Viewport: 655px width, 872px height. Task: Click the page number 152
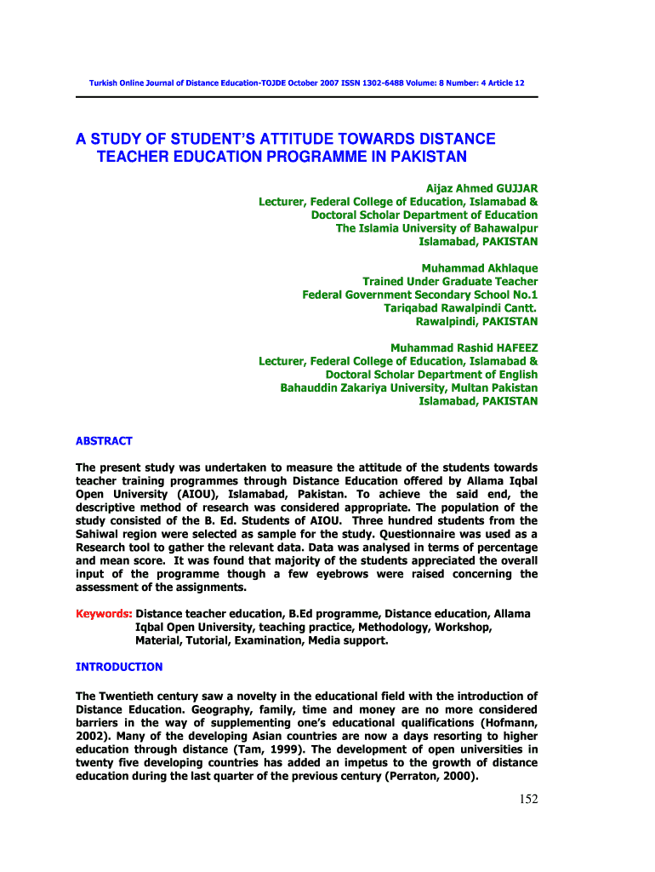pos(527,799)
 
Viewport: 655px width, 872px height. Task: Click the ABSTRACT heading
pos(104,441)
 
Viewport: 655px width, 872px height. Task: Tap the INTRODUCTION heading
pos(119,667)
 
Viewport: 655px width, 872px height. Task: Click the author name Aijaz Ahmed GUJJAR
pos(481,187)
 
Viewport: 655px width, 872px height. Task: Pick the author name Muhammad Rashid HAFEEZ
pos(464,347)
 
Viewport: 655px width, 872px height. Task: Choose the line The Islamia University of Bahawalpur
pos(436,228)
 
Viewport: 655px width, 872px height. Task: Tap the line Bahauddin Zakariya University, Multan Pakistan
pos(408,387)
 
